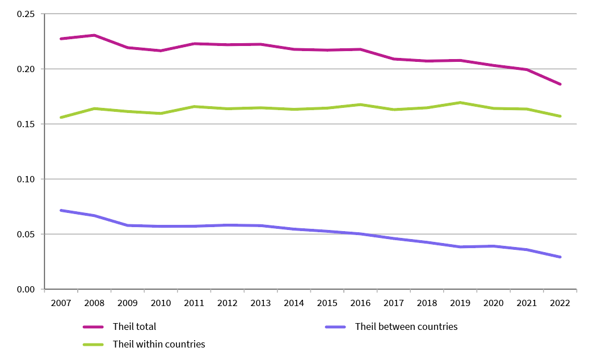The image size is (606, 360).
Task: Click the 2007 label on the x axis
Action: point(61,304)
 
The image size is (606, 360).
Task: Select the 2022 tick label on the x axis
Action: point(559,304)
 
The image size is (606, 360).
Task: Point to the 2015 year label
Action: point(327,304)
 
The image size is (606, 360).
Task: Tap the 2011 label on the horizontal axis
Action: point(194,304)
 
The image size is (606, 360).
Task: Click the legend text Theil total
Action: point(134,327)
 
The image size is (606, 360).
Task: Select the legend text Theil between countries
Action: point(406,326)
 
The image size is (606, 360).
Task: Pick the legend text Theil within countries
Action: point(159,344)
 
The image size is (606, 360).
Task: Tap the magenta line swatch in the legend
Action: point(93,327)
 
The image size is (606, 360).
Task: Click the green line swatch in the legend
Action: point(93,344)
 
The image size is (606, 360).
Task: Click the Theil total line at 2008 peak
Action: point(94,35)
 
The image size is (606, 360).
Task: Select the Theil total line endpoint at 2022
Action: point(560,84)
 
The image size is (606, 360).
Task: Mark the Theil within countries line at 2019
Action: point(460,103)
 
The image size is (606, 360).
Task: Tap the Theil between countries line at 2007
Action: point(61,211)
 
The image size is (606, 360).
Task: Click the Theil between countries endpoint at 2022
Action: point(560,257)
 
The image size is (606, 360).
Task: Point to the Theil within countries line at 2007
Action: point(61,118)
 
